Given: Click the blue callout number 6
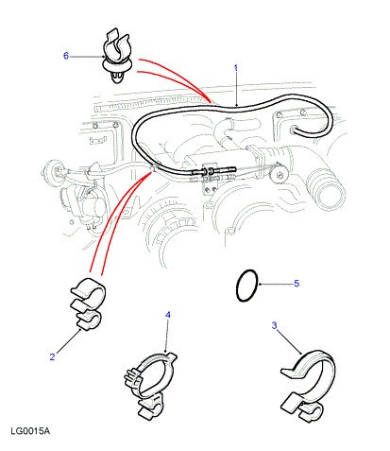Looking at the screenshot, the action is tap(66, 56).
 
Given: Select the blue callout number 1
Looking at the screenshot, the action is tap(235, 68).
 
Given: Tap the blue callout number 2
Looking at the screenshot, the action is tap(52, 356).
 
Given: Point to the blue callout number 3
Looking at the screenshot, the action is tap(274, 325).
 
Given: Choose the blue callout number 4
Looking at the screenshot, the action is tap(168, 315).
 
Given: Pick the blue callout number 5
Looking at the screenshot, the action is tap(297, 284).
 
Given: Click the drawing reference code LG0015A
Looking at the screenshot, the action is tap(30, 431).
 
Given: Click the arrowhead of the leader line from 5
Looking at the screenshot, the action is tap(260, 285).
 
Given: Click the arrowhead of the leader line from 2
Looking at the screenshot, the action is tap(80, 330).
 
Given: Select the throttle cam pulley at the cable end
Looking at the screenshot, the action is tap(280, 174).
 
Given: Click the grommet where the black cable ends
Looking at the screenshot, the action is tap(295, 130).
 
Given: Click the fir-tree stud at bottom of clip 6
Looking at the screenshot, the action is tap(118, 78).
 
